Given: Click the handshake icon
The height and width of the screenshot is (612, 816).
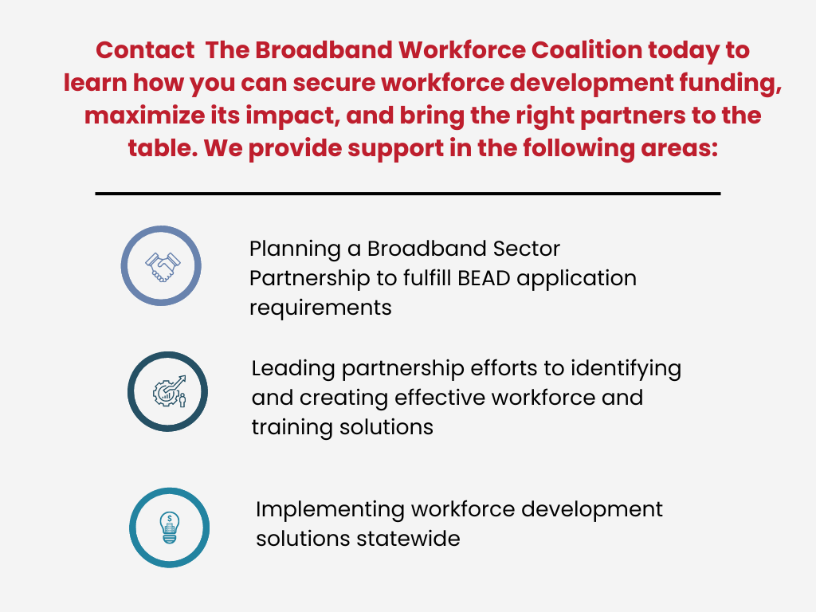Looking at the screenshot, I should [161, 266].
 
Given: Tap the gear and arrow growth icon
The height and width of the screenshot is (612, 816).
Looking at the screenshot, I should [168, 392].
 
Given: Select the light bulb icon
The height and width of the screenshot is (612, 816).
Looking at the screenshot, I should [168, 528].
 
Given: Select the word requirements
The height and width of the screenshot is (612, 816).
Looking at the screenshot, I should [320, 307].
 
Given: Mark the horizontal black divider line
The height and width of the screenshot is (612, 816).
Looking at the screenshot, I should [408, 193].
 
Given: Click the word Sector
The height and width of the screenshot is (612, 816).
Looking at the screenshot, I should [524, 249].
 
